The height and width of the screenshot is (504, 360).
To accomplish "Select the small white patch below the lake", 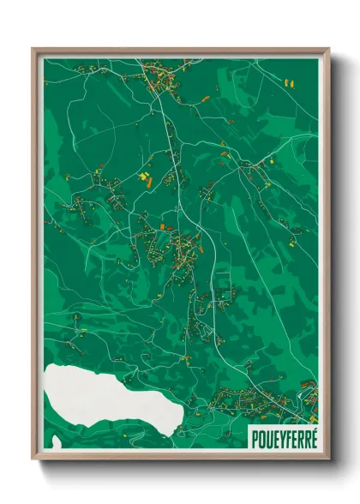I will point(57,441).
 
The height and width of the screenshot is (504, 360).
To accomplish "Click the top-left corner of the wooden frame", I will point(33,49).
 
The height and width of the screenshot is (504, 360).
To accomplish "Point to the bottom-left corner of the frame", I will point(33,458).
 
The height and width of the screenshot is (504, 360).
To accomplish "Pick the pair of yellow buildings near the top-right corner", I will point(289,83).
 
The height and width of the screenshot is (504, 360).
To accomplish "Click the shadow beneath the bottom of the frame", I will point(180,467).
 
